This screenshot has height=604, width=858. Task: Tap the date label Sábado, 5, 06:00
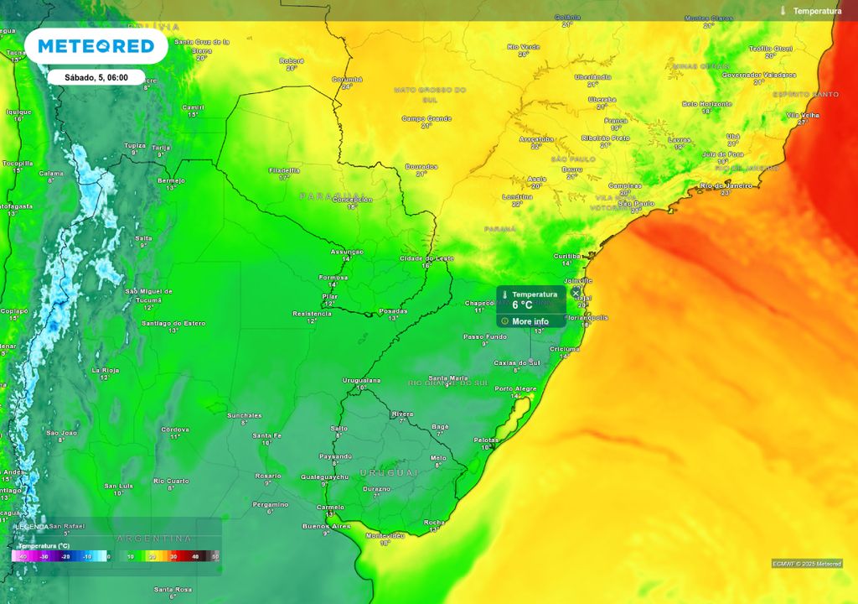point(96,77)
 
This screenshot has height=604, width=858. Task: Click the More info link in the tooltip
point(530,321)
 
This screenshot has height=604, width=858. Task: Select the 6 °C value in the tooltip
point(523,305)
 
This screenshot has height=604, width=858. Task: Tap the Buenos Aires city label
point(327,526)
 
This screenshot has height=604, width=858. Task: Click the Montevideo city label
point(385,535)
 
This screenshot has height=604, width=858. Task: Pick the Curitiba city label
point(568,256)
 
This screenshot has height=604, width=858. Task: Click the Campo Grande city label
point(426,118)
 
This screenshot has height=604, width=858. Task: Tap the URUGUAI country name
point(389,473)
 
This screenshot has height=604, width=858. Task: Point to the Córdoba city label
point(175,430)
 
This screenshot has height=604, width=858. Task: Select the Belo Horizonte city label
point(706,104)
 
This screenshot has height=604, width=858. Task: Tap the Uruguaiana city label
point(361,380)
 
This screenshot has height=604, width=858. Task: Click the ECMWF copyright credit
point(807,564)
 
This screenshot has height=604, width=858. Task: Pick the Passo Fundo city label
point(485,336)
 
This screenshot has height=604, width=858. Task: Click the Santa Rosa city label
point(173,589)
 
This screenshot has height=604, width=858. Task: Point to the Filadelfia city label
point(284,170)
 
